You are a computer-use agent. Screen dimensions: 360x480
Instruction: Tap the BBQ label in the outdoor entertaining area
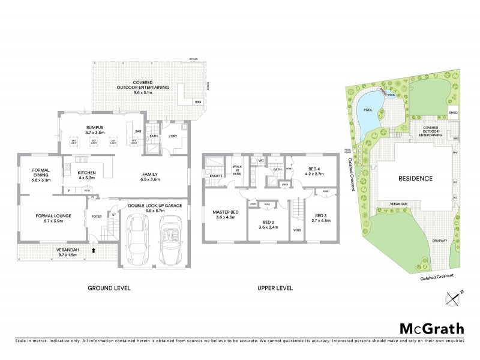tap(197, 103)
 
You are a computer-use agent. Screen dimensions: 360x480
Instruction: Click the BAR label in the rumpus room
tap(137, 131)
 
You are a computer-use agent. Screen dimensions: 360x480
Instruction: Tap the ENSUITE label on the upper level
tap(217, 176)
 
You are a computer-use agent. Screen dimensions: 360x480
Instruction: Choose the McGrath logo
tap(431, 328)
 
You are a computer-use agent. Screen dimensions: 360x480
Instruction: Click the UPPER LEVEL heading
tap(275, 288)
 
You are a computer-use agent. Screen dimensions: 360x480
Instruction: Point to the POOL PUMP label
tap(347, 151)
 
